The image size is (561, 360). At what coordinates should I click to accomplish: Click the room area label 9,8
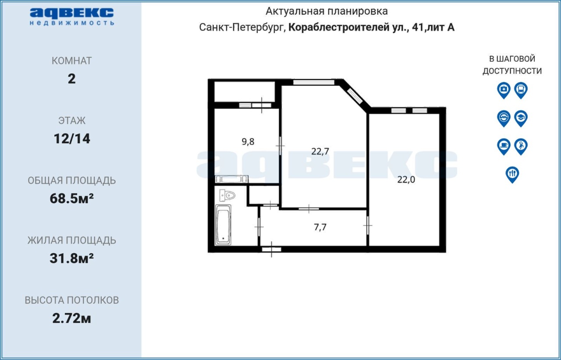click(248, 142)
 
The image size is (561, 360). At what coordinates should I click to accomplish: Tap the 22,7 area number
click(320, 152)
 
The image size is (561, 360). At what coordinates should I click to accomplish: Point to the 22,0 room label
click(406, 180)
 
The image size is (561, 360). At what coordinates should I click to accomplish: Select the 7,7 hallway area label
click(320, 227)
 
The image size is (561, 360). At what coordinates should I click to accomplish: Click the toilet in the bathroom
click(227, 195)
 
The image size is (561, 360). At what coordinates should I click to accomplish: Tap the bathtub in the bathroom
click(223, 225)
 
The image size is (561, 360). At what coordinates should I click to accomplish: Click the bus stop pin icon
click(521, 90)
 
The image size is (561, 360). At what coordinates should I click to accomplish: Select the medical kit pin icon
click(504, 90)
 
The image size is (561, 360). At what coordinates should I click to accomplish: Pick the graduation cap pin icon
click(521, 118)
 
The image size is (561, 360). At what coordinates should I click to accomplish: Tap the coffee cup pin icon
click(504, 146)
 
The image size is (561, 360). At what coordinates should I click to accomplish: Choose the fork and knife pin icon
click(512, 174)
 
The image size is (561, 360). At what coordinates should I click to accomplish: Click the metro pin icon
click(504, 118)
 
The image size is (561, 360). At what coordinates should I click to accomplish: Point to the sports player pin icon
click(521, 146)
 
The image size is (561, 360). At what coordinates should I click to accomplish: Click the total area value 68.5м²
click(71, 198)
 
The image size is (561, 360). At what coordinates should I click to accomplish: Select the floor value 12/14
click(72, 139)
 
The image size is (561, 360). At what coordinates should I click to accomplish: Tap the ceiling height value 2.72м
click(71, 318)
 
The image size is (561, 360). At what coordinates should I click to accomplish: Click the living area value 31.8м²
click(71, 258)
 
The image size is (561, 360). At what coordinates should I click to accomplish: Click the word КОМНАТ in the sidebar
click(71, 61)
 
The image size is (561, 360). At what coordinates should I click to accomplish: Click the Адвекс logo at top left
click(72, 17)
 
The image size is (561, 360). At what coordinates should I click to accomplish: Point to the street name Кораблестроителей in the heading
click(339, 27)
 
